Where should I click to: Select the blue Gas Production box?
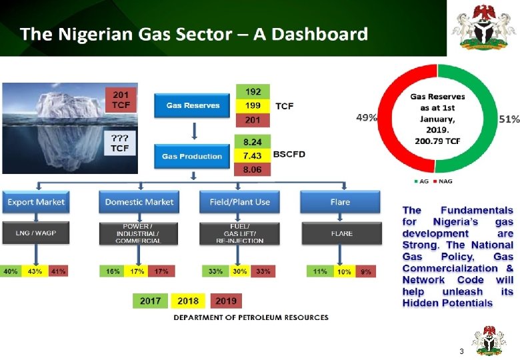coord(192,157)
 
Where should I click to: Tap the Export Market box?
coord(36,202)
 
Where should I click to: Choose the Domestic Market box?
coord(139,202)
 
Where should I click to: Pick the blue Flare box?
coord(341,202)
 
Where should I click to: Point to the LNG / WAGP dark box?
coord(36,233)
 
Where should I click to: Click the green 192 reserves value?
coord(253,91)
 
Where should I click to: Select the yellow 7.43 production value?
coord(253,155)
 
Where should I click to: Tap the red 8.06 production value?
coord(253,169)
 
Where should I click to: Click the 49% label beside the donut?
coord(366,118)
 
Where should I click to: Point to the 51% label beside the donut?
coord(509,119)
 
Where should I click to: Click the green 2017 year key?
coord(150,301)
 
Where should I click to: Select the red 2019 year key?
coord(225,301)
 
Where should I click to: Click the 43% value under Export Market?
coord(34,271)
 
